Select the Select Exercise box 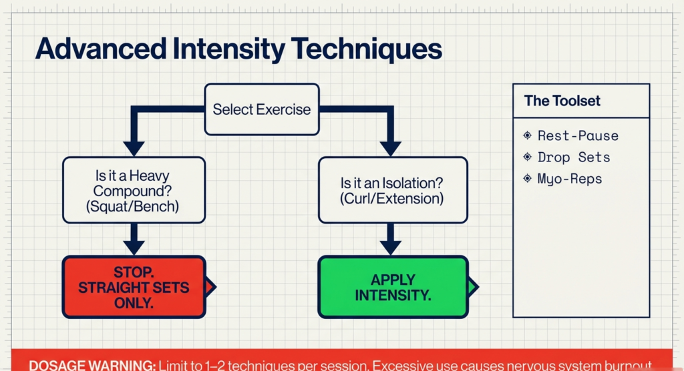(261, 109)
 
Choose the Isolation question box (391, 191)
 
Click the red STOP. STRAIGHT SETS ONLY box (133, 287)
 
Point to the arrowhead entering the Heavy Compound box (134, 148)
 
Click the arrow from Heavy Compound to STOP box (134, 238)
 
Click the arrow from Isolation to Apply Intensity (391, 238)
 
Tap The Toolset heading (562, 101)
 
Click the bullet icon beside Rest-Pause (528, 135)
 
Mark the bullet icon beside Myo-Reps (528, 179)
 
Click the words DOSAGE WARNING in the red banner (92, 365)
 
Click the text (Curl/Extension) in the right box (391, 199)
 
